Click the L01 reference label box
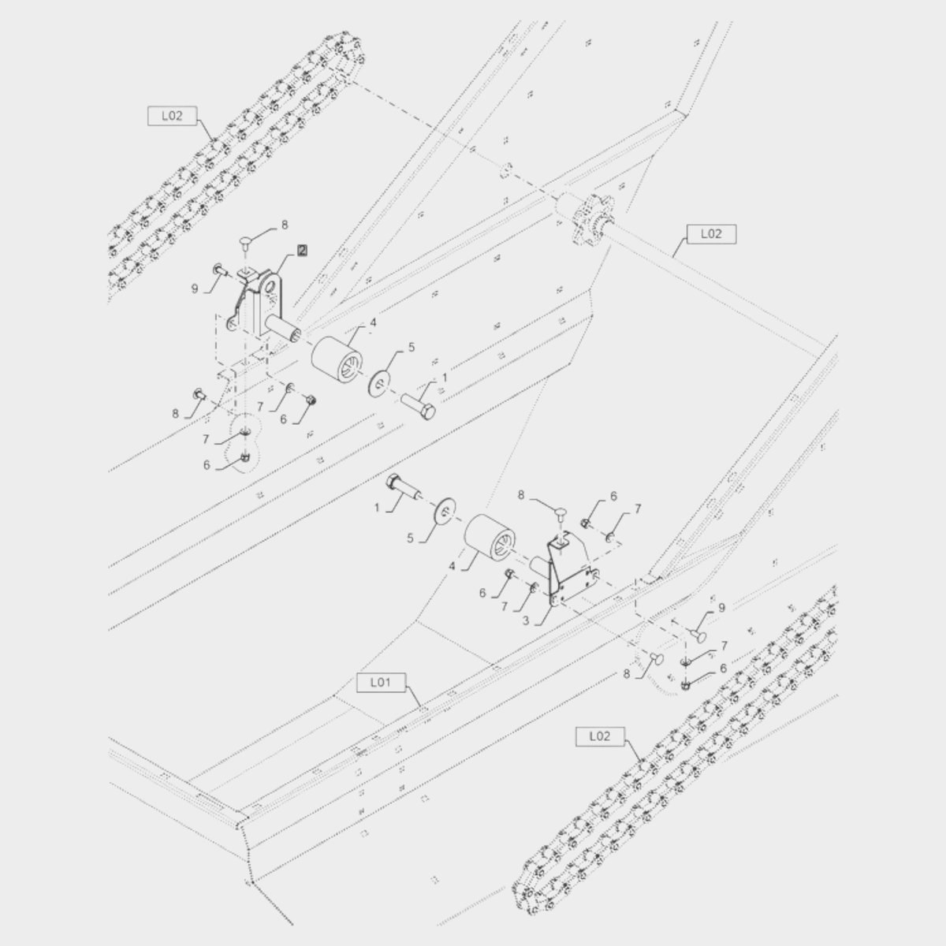[x=381, y=683]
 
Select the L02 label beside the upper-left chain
[x=173, y=116]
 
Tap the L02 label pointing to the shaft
[x=711, y=234]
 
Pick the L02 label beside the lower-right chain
[x=600, y=736]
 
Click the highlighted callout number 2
[x=302, y=251]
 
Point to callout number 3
[x=525, y=620]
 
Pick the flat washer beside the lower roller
[x=445, y=512]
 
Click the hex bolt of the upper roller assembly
[x=418, y=406]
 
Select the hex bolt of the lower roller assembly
[x=404, y=486]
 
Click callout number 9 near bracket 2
[x=195, y=289]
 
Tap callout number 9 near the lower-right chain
[x=721, y=608]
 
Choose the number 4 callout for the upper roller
[x=373, y=322]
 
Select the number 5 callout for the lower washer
[x=411, y=538]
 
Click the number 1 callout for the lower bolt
[x=377, y=508]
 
